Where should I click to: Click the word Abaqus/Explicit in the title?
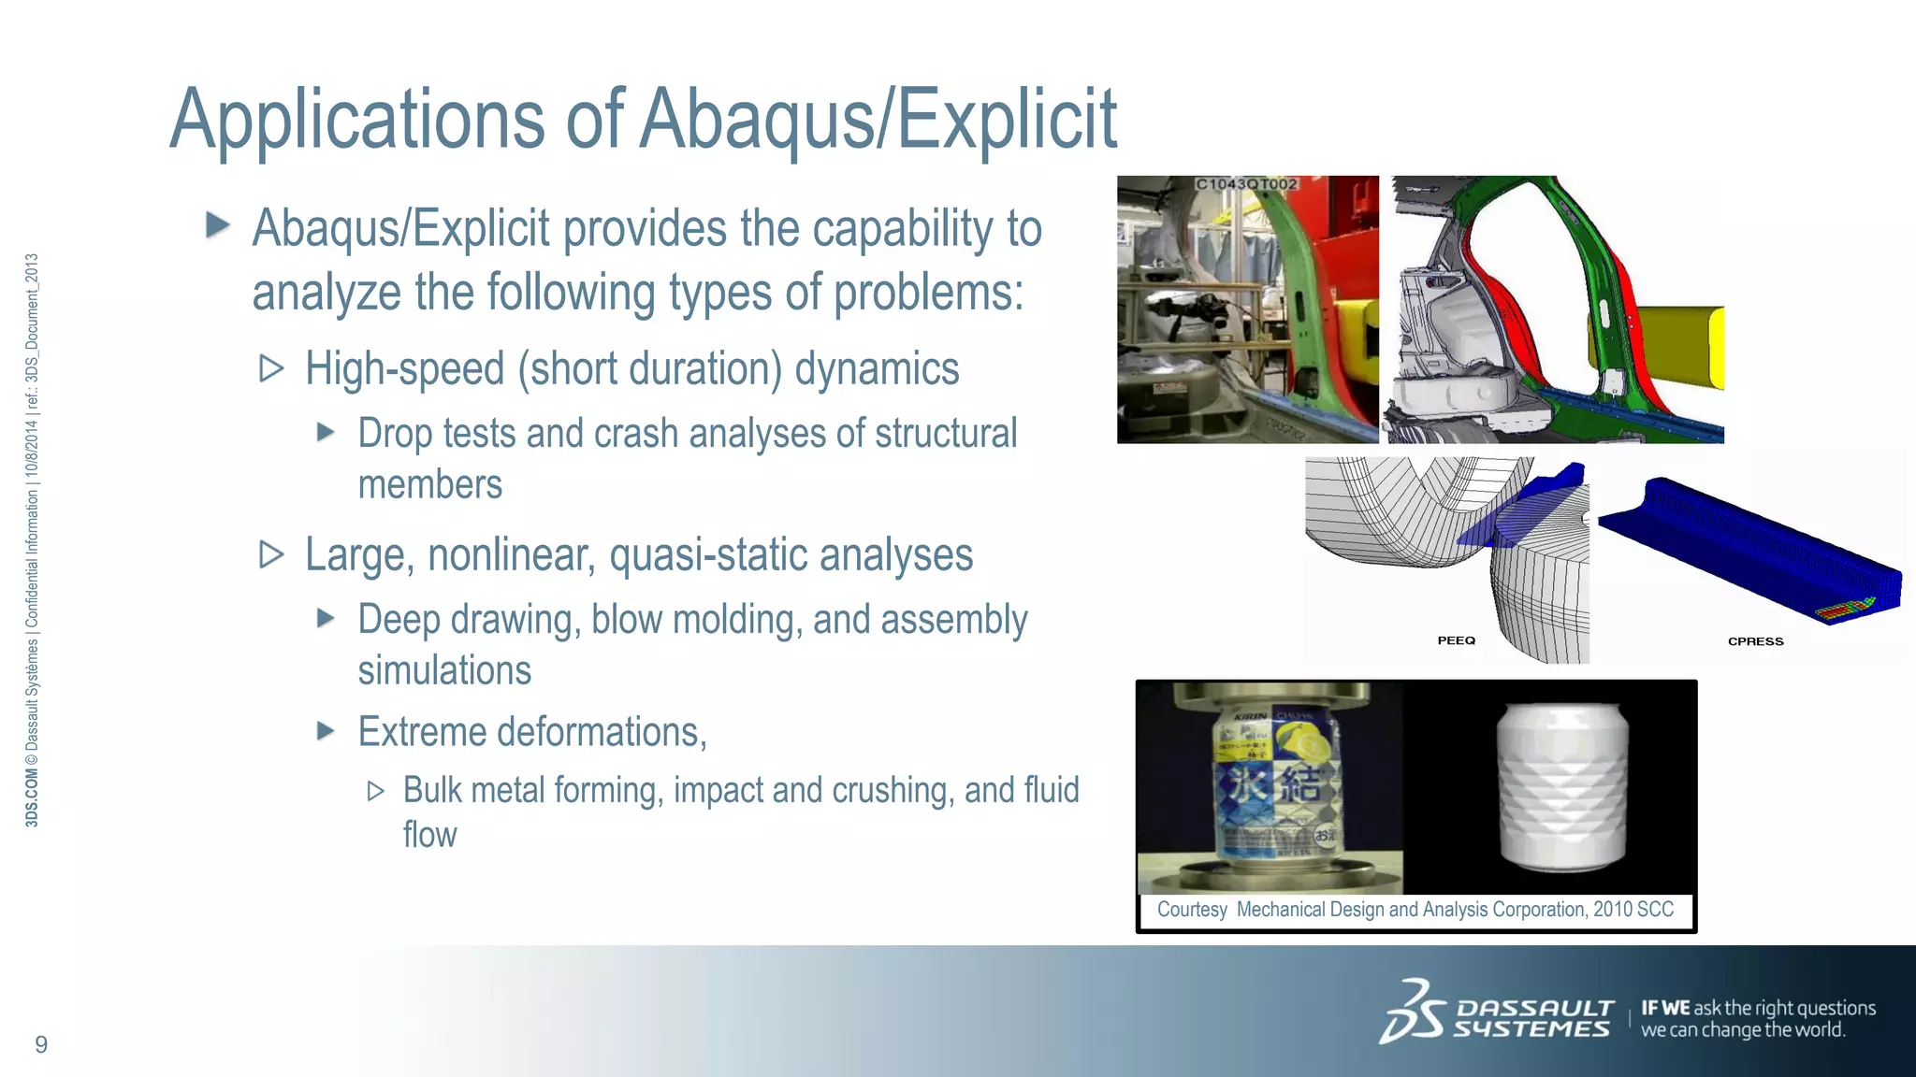coord(878,120)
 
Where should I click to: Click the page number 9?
coord(41,1044)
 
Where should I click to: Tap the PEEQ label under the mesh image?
coord(1456,640)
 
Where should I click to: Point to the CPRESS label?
coord(1755,641)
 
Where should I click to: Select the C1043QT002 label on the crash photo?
coord(1246,184)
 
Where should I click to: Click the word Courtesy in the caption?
coord(1192,910)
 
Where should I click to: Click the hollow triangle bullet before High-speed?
coord(271,368)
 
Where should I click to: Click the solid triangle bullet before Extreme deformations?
coord(326,730)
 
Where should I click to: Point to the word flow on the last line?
coord(429,835)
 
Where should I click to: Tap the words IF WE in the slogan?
coord(1665,1008)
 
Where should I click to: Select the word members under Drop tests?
coord(429,485)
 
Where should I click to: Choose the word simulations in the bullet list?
coord(444,671)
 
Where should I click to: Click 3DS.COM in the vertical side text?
coord(32,798)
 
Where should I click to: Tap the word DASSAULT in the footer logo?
coord(1534,1008)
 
